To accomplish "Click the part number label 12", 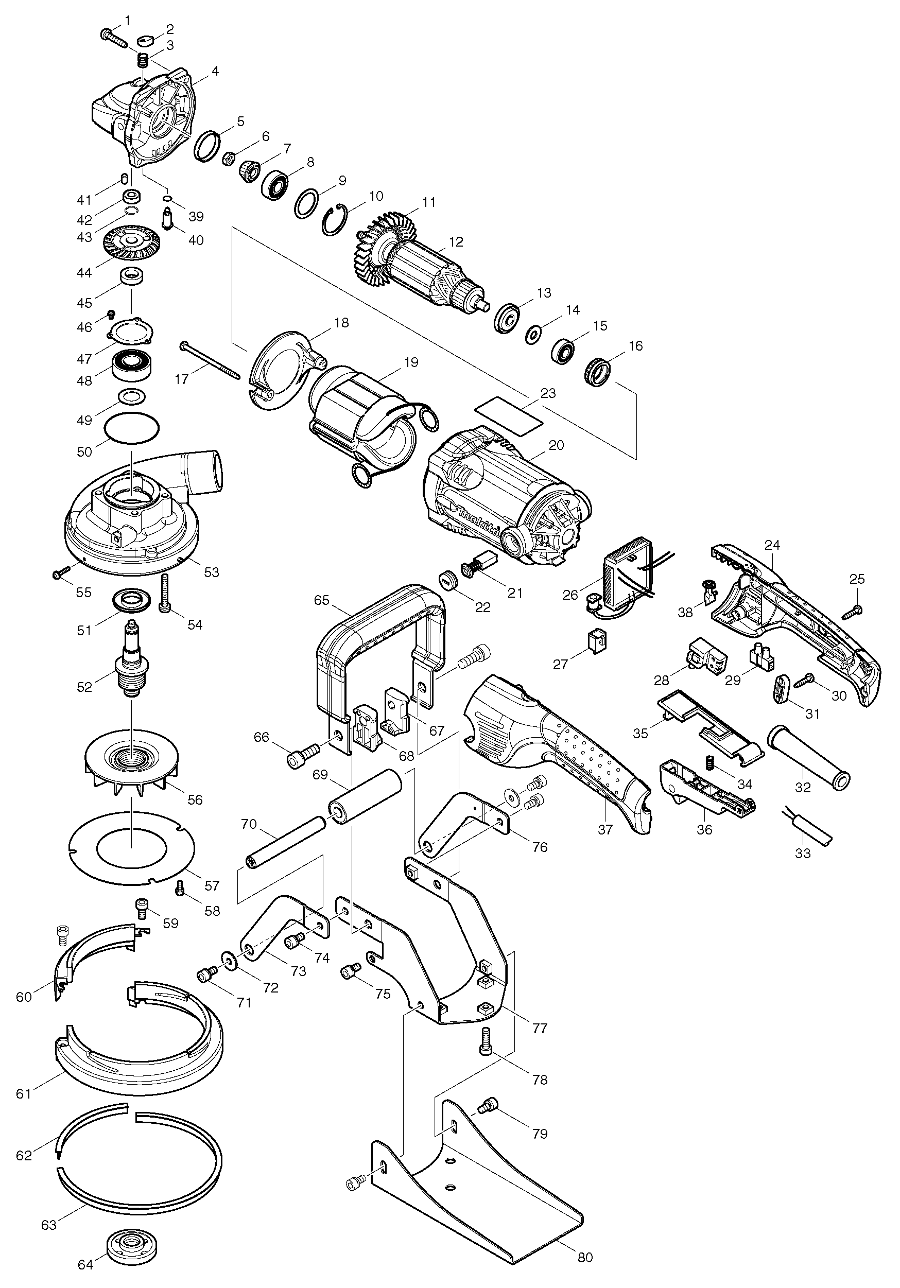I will [456, 242].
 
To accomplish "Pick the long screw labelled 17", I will [211, 358].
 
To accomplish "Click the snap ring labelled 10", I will [336, 219].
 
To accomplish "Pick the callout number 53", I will [211, 572].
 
